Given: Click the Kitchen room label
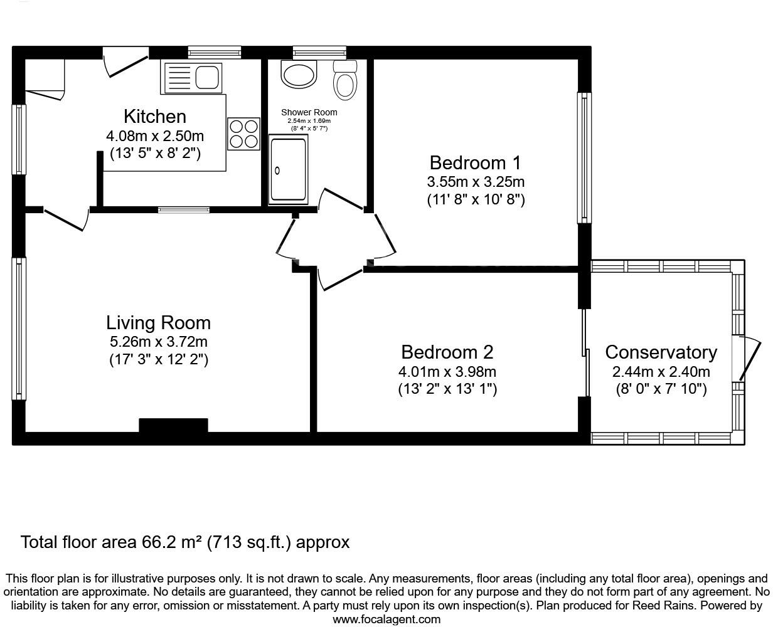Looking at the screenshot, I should click(x=154, y=117).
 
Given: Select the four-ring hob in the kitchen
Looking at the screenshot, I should click(x=244, y=134).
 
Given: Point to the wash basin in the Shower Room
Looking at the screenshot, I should click(x=301, y=74).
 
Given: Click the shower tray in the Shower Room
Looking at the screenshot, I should click(x=289, y=171).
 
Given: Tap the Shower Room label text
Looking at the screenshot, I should click(x=309, y=112).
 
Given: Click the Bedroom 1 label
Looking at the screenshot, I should click(x=475, y=163).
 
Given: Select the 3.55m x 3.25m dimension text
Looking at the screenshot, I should click(x=475, y=182).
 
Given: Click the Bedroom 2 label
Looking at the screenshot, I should click(x=447, y=352).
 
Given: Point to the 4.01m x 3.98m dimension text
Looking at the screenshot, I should click(x=447, y=371).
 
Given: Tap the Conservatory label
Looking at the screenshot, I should click(x=661, y=352).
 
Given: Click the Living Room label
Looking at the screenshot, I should click(x=158, y=323).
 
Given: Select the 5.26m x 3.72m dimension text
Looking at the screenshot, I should click(x=158, y=342).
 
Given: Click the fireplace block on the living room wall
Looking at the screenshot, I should click(x=173, y=426).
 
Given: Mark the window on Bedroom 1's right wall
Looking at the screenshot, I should click(x=584, y=158).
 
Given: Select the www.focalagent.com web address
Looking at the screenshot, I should click(x=386, y=619).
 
